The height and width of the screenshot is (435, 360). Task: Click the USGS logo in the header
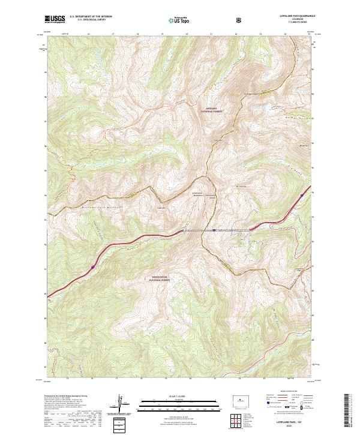pyautogui.click(x=55, y=19)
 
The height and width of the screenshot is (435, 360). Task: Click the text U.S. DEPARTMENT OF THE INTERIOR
pyautogui.click(x=91, y=17)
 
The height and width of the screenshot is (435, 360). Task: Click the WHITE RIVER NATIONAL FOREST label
pyautogui.click(x=161, y=279)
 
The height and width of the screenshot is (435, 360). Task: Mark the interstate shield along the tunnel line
pyautogui.click(x=213, y=229)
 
